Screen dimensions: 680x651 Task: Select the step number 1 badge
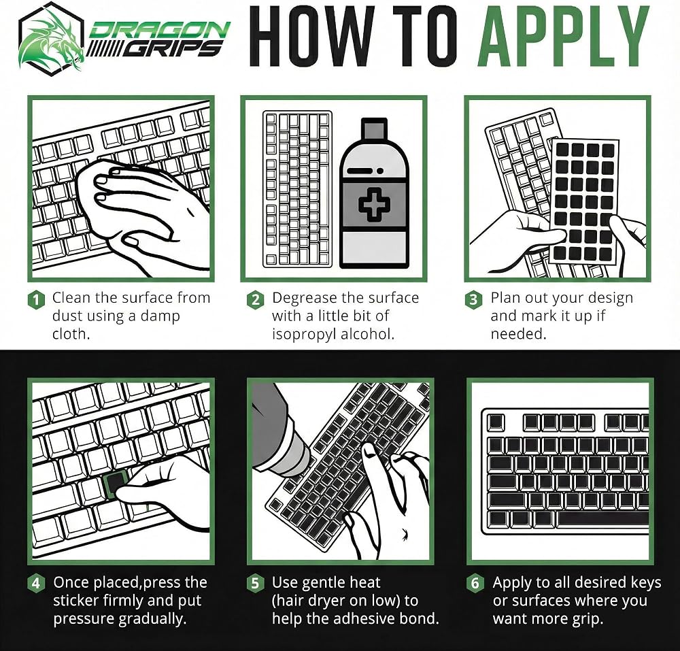point(37,300)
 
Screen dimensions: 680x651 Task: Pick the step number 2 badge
point(256,300)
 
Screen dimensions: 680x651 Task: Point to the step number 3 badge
point(473,300)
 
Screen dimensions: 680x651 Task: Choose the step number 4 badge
point(37,583)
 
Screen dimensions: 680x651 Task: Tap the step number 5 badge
point(256,583)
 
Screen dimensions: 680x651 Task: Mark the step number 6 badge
point(475,583)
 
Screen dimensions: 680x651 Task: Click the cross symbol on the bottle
point(374,204)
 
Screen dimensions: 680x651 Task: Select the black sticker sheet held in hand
point(583,201)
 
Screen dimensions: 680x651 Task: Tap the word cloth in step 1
point(71,334)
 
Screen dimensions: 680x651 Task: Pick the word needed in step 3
point(518,334)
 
